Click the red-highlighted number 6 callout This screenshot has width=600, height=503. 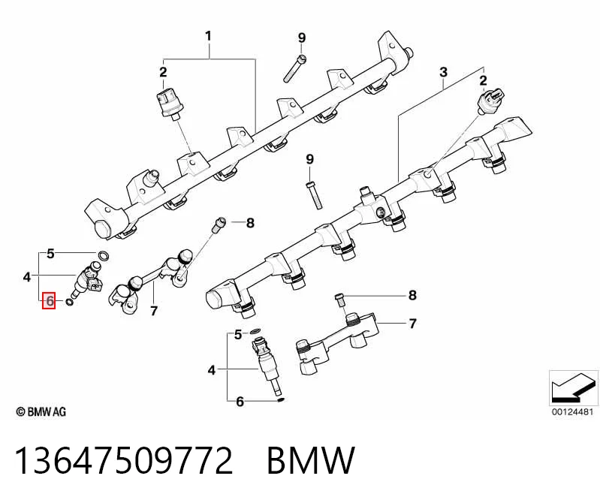click(49, 300)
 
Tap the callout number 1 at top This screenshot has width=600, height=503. click(208, 36)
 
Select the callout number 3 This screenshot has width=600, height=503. click(443, 72)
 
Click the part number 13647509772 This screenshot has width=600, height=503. click(124, 459)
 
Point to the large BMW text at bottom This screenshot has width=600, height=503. click(311, 459)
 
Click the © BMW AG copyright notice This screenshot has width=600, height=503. click(41, 411)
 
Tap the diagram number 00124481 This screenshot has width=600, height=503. click(572, 412)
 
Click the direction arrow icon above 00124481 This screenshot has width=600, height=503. click(573, 388)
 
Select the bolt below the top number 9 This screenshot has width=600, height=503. click(294, 68)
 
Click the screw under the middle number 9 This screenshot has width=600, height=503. click(314, 195)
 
